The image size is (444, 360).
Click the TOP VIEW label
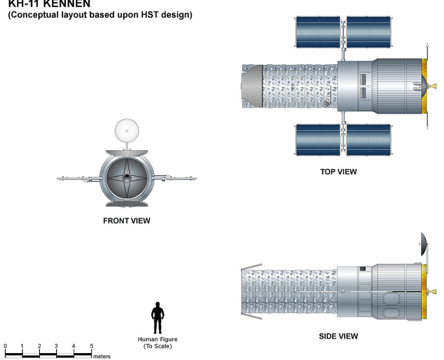coord(338,172)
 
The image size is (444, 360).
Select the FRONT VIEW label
coord(127,221)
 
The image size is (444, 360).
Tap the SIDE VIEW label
coord(338,337)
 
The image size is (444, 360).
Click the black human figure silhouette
coord(158,318)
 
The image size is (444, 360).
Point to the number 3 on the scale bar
coord(57,346)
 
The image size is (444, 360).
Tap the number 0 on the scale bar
coord(6,346)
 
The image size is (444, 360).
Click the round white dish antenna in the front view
coord(126,131)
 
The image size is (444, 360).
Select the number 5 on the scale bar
coord(91,346)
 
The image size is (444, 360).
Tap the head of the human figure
coord(158,305)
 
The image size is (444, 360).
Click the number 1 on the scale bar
coord(23,346)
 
